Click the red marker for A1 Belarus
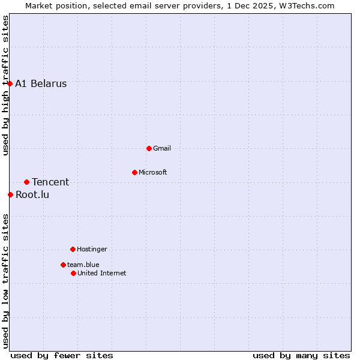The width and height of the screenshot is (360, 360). pos(10,83)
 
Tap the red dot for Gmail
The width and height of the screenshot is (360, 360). pos(149,148)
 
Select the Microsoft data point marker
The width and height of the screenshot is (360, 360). pos(134,172)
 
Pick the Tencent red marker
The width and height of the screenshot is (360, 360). pos(26,182)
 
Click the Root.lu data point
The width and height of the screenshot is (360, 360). pos(10,194)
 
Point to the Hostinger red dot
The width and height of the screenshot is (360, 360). pos(73,249)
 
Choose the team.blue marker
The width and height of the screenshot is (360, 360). pos(63,265)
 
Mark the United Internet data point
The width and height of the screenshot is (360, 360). pos(73,273)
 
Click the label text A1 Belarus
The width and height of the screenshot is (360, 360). pos(41,83)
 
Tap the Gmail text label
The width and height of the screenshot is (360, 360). pos(162,148)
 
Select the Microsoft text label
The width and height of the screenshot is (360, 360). pos(152,172)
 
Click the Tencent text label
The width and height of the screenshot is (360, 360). pos(50,182)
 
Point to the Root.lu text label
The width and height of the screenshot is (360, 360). pos(32,194)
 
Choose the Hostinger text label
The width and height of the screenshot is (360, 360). pos(92,249)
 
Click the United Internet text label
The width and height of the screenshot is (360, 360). pos(101,273)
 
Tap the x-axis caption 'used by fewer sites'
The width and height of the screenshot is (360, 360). pos(62,355)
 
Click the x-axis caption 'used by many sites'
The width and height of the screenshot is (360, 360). pos(301,355)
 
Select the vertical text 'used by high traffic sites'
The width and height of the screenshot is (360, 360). pos(5,85)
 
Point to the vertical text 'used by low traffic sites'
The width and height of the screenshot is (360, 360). pos(5,281)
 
